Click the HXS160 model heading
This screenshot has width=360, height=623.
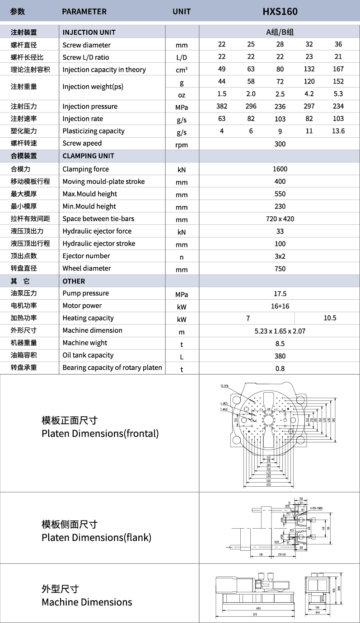coord(280,11)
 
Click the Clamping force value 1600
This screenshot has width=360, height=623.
coord(280,169)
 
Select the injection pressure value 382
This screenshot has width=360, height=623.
coord(222,106)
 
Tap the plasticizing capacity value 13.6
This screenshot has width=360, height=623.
coord(338,131)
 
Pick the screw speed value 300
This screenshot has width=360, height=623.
coord(280,144)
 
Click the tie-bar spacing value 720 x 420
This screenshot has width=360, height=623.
coord(280,219)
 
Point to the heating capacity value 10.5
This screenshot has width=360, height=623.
coord(330,318)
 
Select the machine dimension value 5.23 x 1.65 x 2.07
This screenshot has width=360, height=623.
coord(280,331)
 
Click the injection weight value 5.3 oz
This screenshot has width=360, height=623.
coord(338,94)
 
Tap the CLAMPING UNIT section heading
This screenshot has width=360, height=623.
coord(88,156)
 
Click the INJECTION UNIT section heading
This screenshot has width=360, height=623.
coord(89,32)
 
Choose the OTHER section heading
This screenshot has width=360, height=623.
coord(74,281)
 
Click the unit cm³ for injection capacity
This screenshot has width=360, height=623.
coord(182,70)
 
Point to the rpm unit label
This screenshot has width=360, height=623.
coord(182,145)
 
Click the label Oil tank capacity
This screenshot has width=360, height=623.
coord(88,355)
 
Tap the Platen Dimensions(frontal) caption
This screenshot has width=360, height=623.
coord(100,433)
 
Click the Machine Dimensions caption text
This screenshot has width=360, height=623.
coord(87,602)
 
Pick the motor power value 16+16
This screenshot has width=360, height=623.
coord(280,306)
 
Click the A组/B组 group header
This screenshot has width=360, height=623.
coord(280,32)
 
